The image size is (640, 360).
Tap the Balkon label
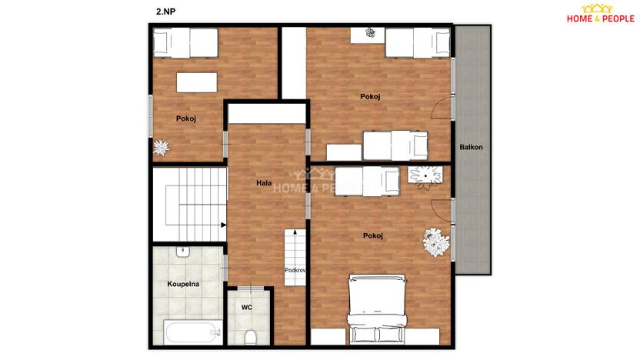pyautogui.click(x=471, y=147)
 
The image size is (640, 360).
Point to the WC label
pyautogui.click(x=247, y=307)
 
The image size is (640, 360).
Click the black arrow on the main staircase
pyautogui.click(x=223, y=225)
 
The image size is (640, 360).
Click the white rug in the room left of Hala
pyautogui.click(x=197, y=82)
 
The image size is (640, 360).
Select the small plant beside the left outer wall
pyautogui.click(x=161, y=146)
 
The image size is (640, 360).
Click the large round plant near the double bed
pyautogui.click(x=435, y=242)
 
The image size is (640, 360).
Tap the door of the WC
pyautogui.click(x=249, y=288)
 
